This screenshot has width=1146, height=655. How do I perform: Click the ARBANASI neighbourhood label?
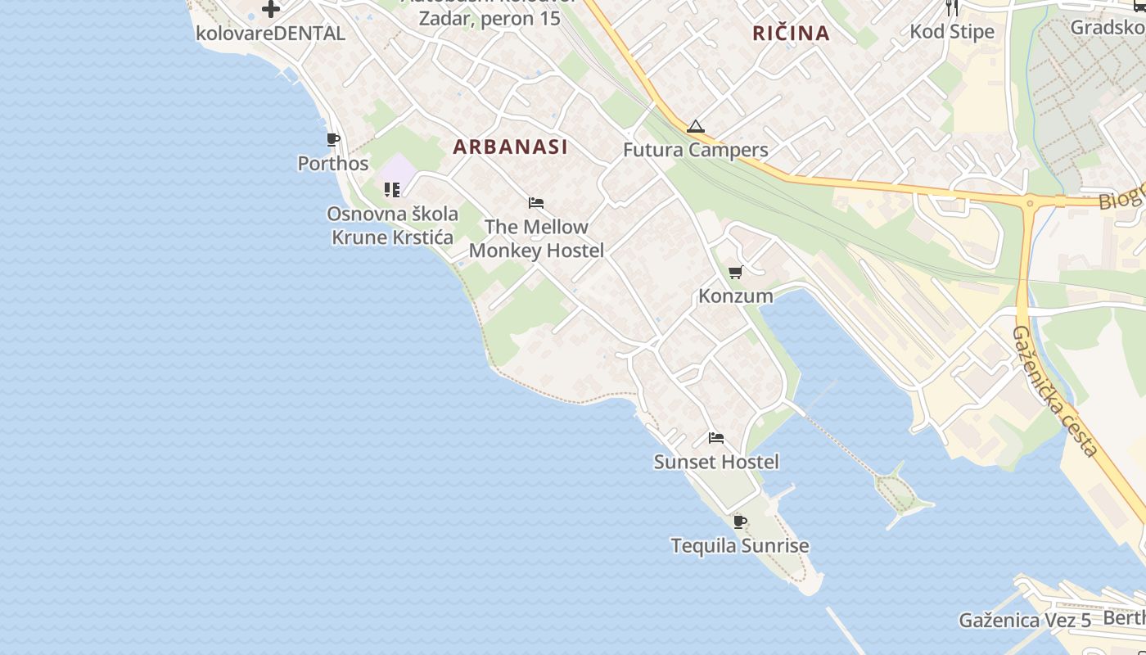point(510,147)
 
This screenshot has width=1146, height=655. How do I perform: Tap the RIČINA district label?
point(791,34)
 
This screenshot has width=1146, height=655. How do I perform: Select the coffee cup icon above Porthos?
point(332,140)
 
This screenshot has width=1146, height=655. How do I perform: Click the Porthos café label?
point(333,163)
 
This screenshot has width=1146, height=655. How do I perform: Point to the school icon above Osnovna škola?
point(392,190)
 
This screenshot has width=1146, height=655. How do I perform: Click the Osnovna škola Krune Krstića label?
point(392,225)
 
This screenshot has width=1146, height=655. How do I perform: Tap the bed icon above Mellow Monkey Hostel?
point(536,203)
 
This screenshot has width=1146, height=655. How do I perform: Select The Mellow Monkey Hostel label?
point(536,238)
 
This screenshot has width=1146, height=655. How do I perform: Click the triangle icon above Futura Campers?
point(696,127)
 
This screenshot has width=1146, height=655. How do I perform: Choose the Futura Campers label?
point(696,150)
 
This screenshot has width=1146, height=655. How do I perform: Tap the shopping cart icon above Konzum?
point(735,273)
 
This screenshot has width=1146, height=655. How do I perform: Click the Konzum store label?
point(735,296)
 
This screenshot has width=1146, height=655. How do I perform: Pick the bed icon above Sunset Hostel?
point(716,438)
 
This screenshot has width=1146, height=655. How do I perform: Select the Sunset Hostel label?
point(716,462)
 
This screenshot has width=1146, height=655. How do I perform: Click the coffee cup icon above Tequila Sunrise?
point(740,522)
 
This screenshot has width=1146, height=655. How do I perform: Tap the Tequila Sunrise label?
point(740,545)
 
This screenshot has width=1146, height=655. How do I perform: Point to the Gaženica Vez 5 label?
point(1025,620)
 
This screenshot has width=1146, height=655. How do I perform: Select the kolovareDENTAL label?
point(270,34)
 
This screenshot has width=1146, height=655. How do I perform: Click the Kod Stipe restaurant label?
point(952,32)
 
